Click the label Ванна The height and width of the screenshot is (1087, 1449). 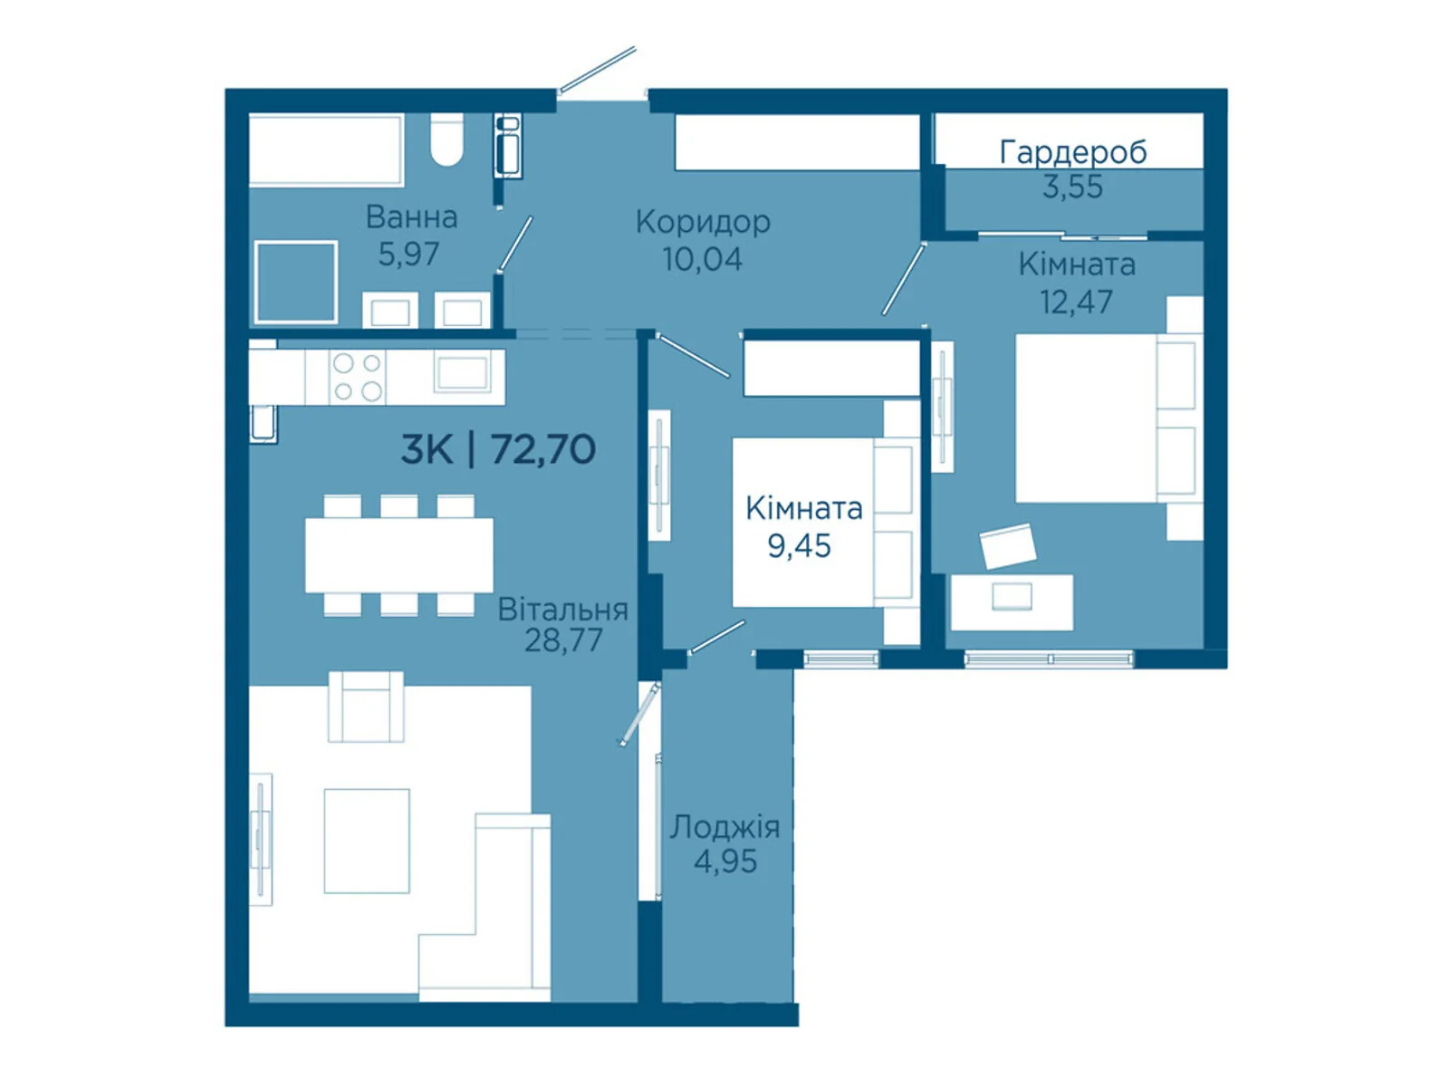[411, 217]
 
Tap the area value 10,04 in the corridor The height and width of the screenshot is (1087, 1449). [702, 259]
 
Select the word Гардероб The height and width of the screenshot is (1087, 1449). [1072, 152]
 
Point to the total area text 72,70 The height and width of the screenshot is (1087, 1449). [543, 450]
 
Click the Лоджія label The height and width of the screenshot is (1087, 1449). [724, 827]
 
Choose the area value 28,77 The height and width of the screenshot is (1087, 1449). [563, 640]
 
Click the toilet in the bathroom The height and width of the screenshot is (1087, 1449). [446, 139]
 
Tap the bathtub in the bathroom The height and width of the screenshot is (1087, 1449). [326, 149]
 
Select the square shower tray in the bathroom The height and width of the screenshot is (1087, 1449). [296, 283]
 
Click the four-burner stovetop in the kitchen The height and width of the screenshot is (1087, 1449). [357, 377]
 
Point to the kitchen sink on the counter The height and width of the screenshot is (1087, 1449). [462, 371]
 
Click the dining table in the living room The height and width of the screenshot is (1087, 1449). [398, 555]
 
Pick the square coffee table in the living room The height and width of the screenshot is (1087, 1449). [367, 841]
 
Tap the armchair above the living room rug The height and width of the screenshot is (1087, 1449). [366, 707]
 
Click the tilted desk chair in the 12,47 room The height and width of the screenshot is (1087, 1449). [1007, 545]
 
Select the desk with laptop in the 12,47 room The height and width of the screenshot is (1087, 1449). [1012, 601]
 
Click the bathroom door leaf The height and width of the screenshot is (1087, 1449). [515, 243]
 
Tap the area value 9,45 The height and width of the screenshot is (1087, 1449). [798, 546]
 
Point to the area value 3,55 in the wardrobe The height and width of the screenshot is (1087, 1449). [1072, 187]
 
